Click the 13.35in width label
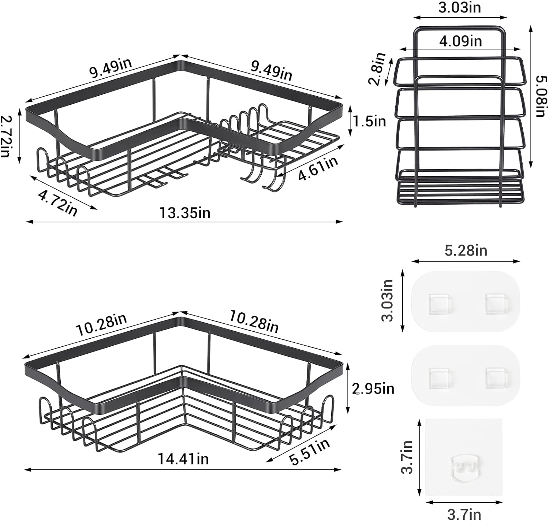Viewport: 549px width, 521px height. [184, 213]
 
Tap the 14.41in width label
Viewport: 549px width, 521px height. [183, 459]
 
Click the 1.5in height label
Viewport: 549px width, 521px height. [369, 121]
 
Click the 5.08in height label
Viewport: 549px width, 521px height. [541, 97]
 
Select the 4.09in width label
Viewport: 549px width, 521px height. [460, 41]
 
